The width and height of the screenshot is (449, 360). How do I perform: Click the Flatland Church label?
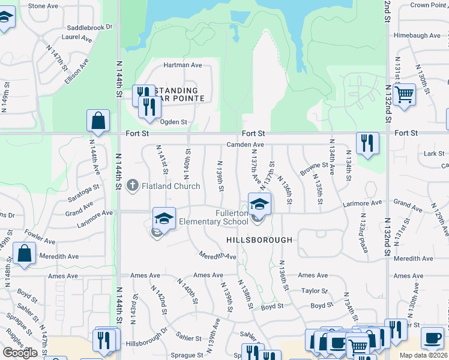(x=170, y=186)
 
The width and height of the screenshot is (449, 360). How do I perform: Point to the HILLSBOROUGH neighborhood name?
(x=259, y=240)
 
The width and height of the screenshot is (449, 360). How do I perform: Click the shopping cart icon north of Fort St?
(x=405, y=94)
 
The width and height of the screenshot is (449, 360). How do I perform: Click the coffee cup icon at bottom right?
(x=432, y=337)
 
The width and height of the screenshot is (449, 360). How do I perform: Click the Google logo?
(x=20, y=353)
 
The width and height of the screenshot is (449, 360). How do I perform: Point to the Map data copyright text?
(x=424, y=355)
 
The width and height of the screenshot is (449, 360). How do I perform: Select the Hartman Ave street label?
(x=183, y=65)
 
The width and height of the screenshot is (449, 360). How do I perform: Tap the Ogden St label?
(x=173, y=121)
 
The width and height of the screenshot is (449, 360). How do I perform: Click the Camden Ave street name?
(x=245, y=145)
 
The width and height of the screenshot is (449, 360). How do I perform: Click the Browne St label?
(x=314, y=169)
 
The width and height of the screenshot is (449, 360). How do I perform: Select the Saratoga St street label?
(x=80, y=195)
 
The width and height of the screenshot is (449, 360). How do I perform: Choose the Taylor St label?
(x=314, y=290)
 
